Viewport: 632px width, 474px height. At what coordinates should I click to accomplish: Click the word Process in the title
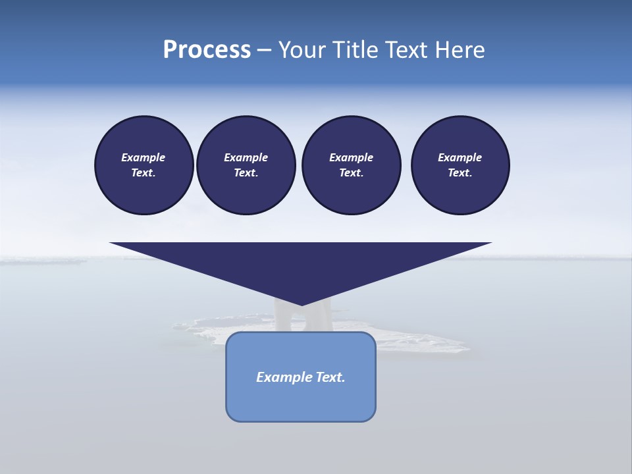click(x=207, y=50)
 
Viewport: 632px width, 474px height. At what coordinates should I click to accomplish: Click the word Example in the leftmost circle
click(x=144, y=157)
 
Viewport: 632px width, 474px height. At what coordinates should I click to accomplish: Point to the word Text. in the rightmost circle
click(x=460, y=173)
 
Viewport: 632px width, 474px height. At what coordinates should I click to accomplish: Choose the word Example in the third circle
click(x=351, y=157)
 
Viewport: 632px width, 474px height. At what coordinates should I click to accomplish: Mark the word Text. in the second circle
click(x=246, y=173)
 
